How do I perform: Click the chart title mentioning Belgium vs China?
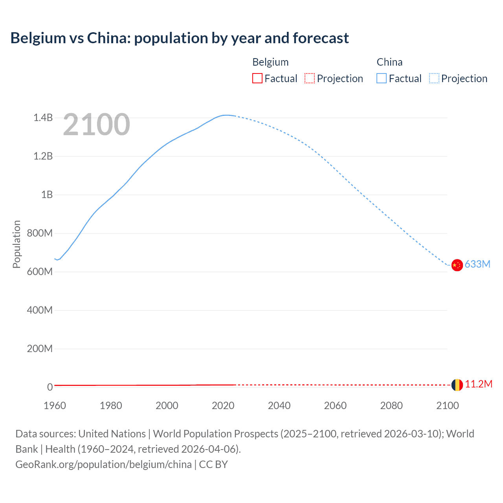(x=180, y=38)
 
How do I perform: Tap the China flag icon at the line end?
(x=457, y=265)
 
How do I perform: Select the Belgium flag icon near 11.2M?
(x=457, y=385)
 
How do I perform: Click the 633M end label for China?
(x=477, y=264)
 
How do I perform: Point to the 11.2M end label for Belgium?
(x=479, y=384)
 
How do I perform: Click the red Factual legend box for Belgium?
(x=257, y=79)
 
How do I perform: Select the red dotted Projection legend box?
(x=310, y=79)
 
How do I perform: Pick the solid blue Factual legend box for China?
(x=382, y=79)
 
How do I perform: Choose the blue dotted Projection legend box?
(x=434, y=79)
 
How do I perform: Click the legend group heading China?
(x=389, y=62)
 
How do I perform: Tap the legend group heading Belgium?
(x=270, y=62)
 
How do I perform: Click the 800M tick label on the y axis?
(x=40, y=233)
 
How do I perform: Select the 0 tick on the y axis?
(x=50, y=387)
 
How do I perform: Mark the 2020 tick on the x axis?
(x=223, y=406)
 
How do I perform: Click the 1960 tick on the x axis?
(x=55, y=406)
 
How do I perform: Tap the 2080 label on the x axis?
(x=391, y=406)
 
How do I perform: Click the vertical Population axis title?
(x=17, y=244)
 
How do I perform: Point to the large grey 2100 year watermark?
(x=96, y=125)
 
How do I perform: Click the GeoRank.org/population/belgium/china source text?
(x=103, y=464)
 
